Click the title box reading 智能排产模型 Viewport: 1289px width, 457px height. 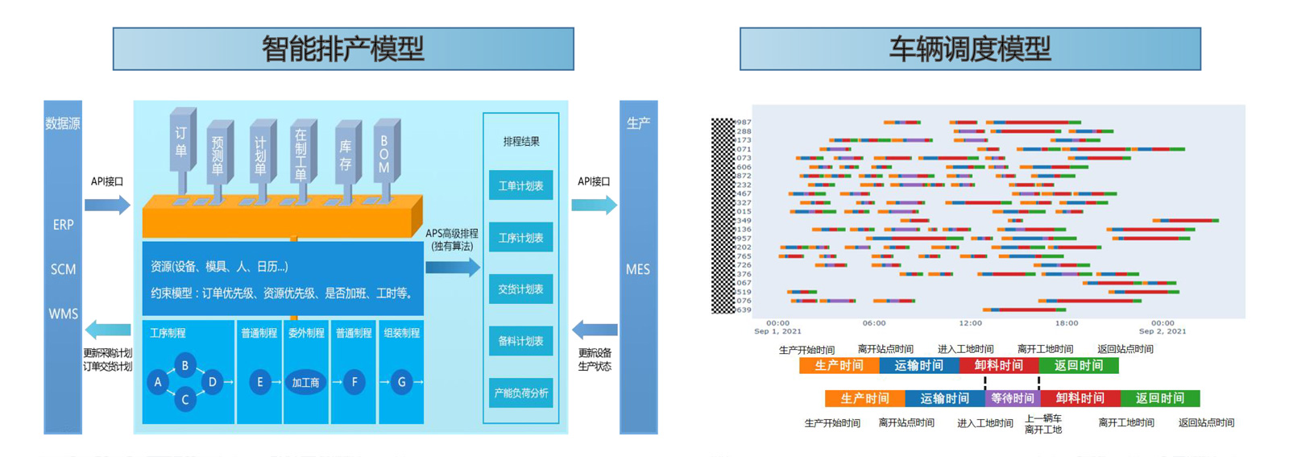point(343,49)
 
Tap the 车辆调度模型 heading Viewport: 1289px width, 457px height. point(970,49)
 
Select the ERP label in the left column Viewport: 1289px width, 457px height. point(63,225)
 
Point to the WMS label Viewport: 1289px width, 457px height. point(63,314)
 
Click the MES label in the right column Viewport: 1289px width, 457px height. point(637,269)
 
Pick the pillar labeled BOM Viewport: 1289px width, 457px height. point(384,154)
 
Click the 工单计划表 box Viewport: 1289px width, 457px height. point(520,186)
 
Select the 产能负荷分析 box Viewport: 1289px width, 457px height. point(520,393)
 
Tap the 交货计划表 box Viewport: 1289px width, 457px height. point(520,289)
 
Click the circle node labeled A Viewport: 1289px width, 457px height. point(158,382)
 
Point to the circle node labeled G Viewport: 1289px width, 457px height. point(401,382)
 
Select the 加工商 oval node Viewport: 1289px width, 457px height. point(306,383)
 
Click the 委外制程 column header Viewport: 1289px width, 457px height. point(306,333)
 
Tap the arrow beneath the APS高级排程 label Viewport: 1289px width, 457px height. point(452,267)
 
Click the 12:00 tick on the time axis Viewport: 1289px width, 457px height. point(970,323)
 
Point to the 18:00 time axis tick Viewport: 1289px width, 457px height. point(1066,323)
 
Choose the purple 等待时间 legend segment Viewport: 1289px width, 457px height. point(1012,398)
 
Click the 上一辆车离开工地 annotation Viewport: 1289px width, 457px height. point(1042,424)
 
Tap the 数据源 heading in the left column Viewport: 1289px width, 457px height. point(63,123)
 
